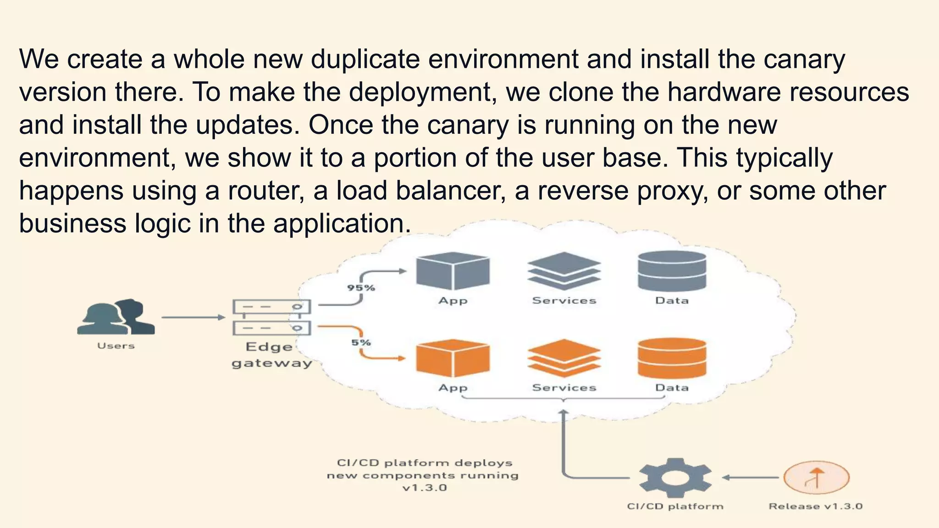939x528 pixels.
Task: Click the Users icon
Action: click(x=116, y=317)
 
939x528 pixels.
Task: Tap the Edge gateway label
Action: click(x=271, y=355)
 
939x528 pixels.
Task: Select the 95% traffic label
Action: click(x=361, y=288)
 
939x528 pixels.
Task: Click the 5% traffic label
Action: click(x=361, y=342)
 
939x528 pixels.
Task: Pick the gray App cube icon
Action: click(x=453, y=271)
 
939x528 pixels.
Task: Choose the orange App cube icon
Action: click(x=453, y=358)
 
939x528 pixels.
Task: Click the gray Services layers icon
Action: click(x=564, y=271)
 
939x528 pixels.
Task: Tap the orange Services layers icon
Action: click(x=564, y=358)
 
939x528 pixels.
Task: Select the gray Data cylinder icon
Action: click(x=672, y=271)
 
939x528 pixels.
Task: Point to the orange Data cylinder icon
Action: click(x=672, y=358)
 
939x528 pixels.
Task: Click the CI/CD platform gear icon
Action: click(x=675, y=478)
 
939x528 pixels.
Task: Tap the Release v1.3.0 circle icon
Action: click(x=816, y=478)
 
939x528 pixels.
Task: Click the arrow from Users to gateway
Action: click(x=193, y=317)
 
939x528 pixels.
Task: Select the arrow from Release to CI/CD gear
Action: click(x=750, y=478)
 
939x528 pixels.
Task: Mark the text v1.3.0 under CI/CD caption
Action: click(x=424, y=488)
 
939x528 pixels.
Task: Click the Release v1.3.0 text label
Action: click(x=815, y=506)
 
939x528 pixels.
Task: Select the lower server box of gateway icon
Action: click(x=271, y=328)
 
